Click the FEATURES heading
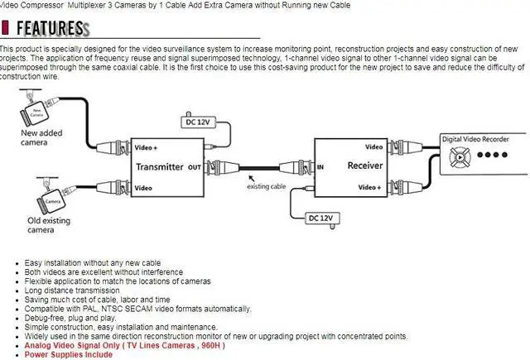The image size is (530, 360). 49,29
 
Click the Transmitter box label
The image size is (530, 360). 160,166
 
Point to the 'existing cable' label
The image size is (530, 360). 267,185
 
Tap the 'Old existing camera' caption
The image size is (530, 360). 36,225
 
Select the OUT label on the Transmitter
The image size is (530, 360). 195,166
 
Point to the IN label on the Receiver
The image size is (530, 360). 320,166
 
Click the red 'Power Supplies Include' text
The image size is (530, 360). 68,354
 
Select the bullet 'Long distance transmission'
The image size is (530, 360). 72,290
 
